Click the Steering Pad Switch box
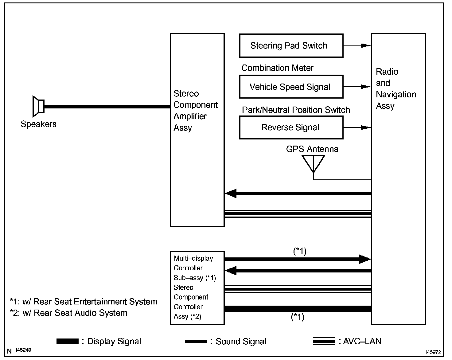[291, 46]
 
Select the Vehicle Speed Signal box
[291, 87]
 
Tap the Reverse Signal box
[291, 127]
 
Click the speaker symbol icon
[39, 106]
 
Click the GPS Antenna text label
[312, 149]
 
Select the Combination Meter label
[277, 68]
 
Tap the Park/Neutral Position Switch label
[296, 110]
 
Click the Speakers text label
[38, 124]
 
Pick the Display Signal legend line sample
[67, 341]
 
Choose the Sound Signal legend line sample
[196, 341]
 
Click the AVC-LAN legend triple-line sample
[324, 341]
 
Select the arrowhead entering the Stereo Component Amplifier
[231, 193]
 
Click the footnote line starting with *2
[68, 313]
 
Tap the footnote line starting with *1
[83, 302]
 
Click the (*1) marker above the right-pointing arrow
[300, 251]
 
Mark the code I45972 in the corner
[433, 352]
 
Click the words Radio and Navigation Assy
[396, 89]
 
